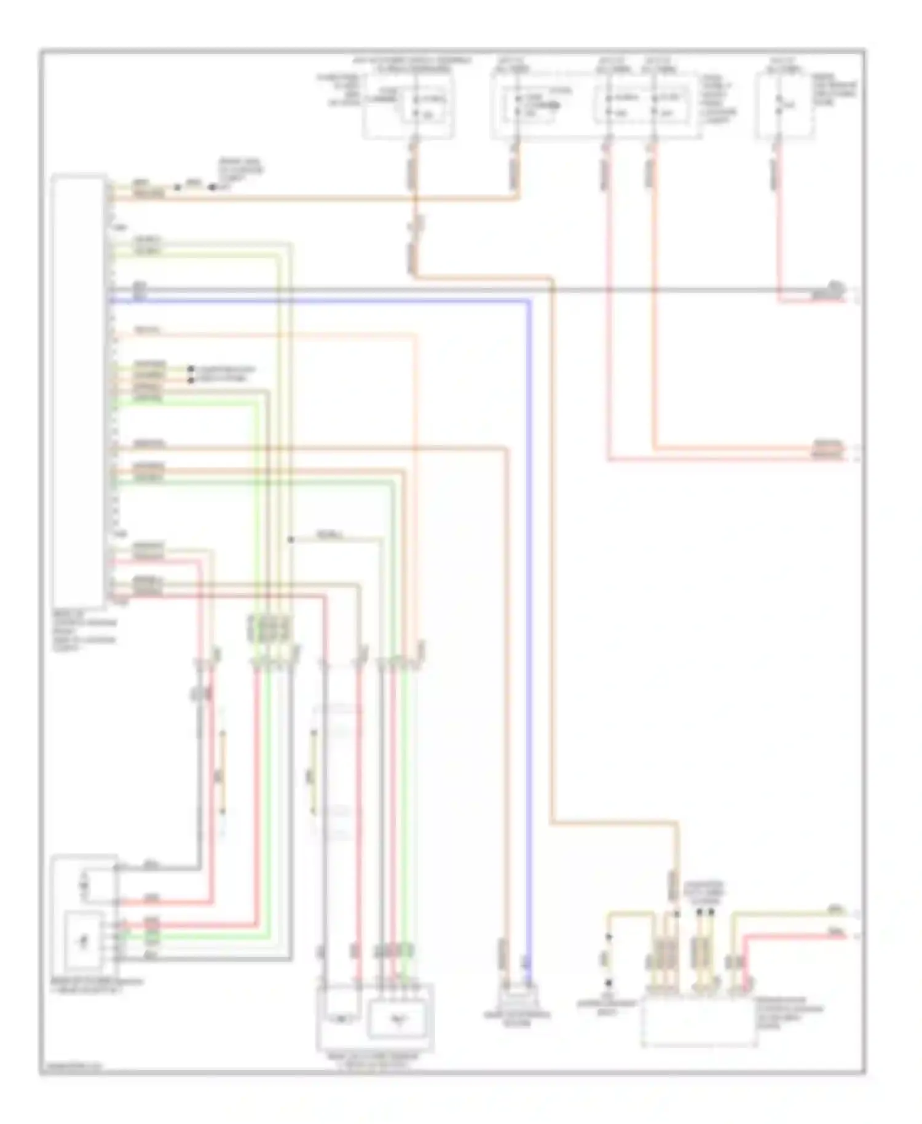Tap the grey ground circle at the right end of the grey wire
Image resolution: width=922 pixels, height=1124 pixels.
pos(834,286)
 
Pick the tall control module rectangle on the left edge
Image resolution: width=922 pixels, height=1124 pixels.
pos(78,390)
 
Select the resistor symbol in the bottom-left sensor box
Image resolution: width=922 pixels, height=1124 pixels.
pos(85,885)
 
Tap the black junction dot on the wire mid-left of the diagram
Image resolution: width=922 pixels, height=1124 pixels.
pos(291,540)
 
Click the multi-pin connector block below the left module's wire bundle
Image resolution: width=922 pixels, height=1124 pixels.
pos(269,628)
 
